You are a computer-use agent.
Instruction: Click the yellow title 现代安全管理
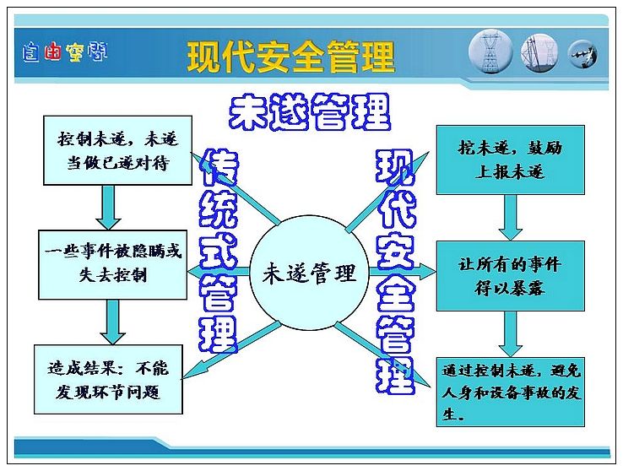click(291, 57)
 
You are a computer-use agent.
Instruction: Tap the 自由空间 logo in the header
click(65, 52)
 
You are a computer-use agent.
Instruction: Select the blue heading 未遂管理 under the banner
click(310, 112)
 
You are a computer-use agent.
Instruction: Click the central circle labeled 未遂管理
click(309, 273)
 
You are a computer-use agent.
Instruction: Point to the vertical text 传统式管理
click(219, 251)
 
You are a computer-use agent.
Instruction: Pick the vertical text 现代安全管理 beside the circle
click(396, 272)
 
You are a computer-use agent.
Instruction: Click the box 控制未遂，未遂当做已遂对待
click(117, 150)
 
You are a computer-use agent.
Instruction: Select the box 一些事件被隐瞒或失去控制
click(113, 264)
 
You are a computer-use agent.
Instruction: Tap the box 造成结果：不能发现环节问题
click(108, 379)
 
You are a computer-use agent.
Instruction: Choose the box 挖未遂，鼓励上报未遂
click(511, 160)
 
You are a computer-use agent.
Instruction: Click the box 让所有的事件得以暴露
click(511, 276)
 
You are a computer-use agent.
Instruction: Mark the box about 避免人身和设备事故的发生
click(511, 392)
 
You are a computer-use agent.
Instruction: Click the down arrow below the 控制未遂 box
click(108, 208)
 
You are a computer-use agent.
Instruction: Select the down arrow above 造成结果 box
click(113, 322)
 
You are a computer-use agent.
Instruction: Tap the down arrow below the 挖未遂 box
click(511, 218)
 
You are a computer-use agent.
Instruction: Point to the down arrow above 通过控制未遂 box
click(511, 334)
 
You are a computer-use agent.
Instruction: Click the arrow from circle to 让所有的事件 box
click(403, 272)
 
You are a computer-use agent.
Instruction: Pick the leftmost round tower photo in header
click(490, 52)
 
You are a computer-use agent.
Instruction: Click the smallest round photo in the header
click(582, 54)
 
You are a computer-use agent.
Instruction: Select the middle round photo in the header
click(539, 53)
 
